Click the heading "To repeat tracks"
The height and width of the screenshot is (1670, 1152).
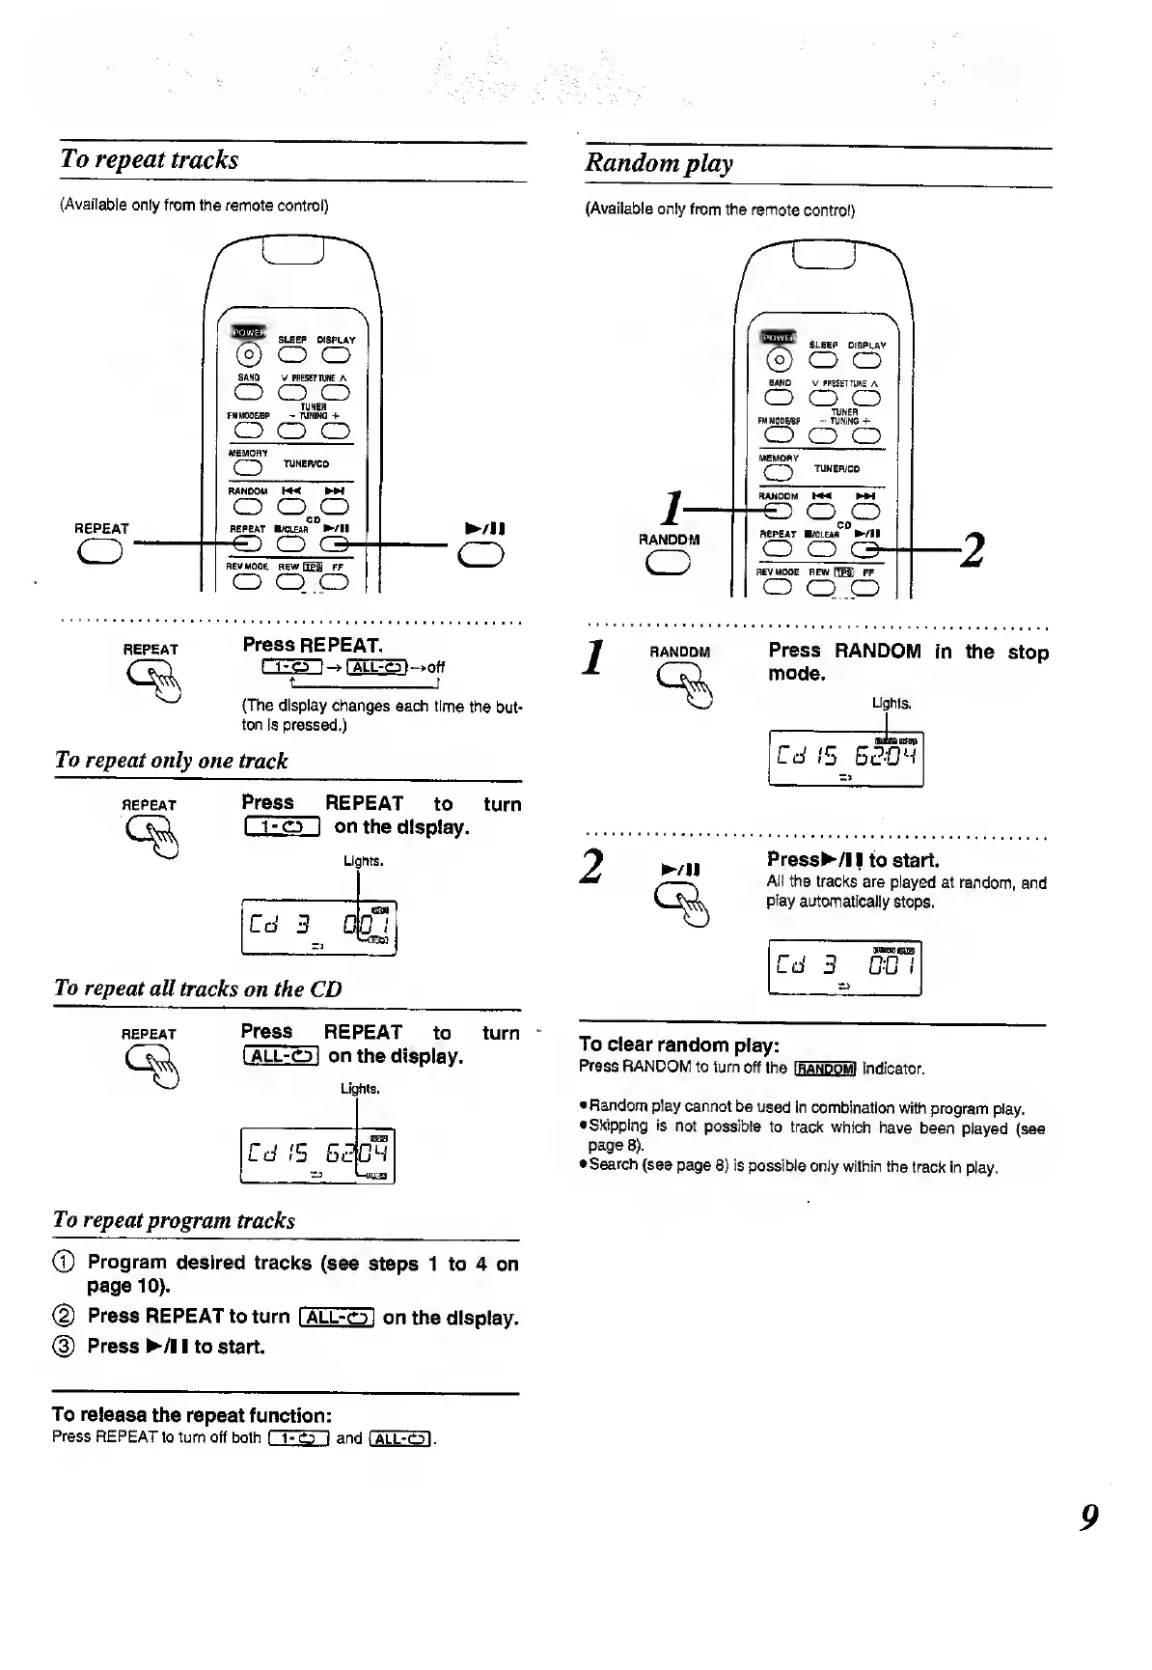click(150, 159)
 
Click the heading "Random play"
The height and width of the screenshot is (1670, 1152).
click(659, 163)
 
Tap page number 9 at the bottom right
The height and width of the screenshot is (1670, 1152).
click(1089, 1517)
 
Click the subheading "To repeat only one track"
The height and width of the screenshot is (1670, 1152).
click(172, 761)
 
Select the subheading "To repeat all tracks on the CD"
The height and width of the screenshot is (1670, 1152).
click(198, 988)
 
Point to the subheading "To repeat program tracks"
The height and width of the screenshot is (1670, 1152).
click(175, 1220)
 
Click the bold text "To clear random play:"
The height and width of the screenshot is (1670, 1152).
click(679, 1044)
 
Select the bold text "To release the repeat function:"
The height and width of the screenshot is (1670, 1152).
click(192, 1415)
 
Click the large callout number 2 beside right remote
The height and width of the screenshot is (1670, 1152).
click(974, 550)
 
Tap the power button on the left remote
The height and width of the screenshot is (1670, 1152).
click(248, 354)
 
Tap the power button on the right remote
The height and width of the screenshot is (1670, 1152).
click(778, 360)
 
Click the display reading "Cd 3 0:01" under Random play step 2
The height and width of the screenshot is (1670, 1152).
click(845, 967)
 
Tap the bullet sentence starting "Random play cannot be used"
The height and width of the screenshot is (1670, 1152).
click(806, 1108)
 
